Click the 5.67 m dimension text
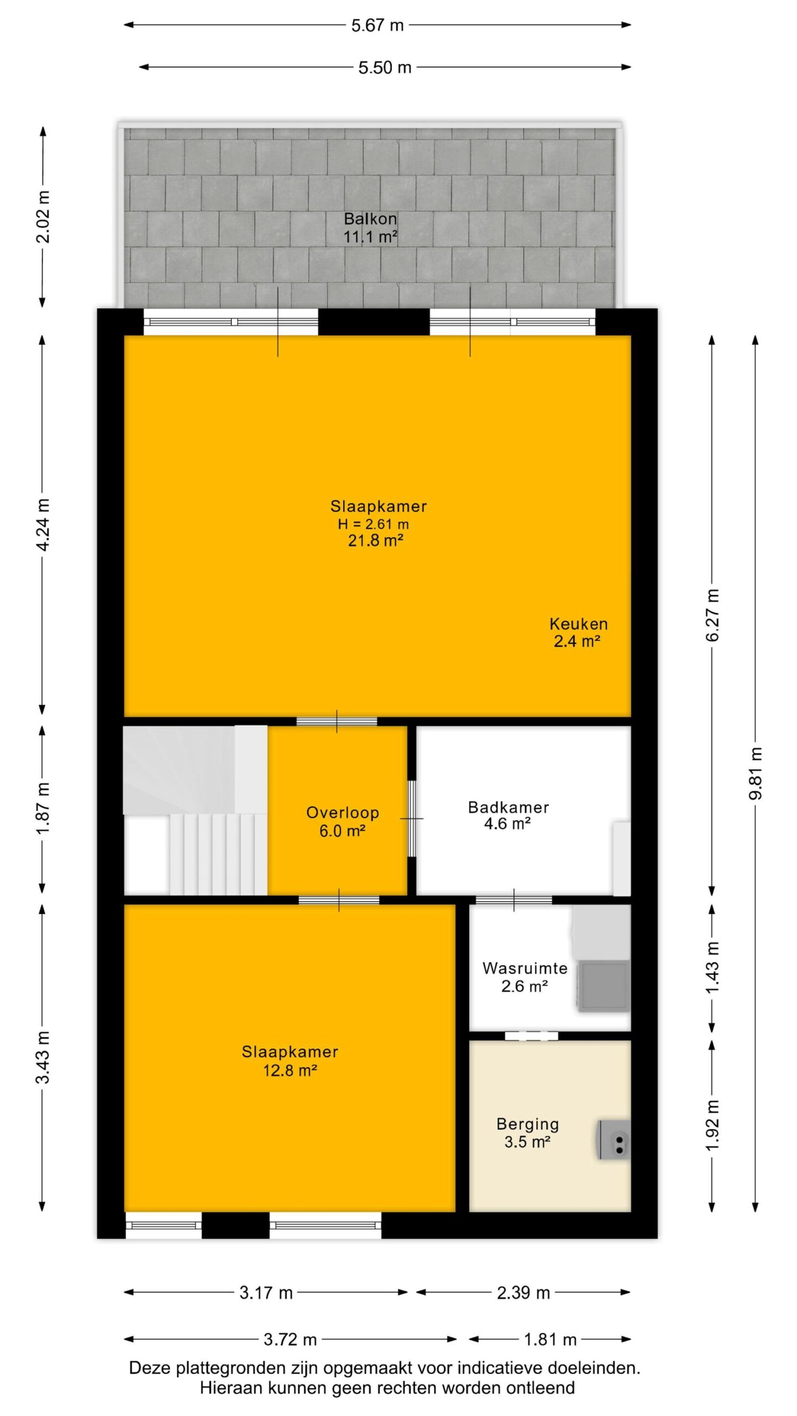coord(377,25)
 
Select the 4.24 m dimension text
coord(43,524)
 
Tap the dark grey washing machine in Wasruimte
coord(603,986)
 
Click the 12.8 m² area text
coord(289,1070)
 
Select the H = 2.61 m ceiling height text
coord(374,524)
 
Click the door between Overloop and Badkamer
coord(412,819)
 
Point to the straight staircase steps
coord(218,853)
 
